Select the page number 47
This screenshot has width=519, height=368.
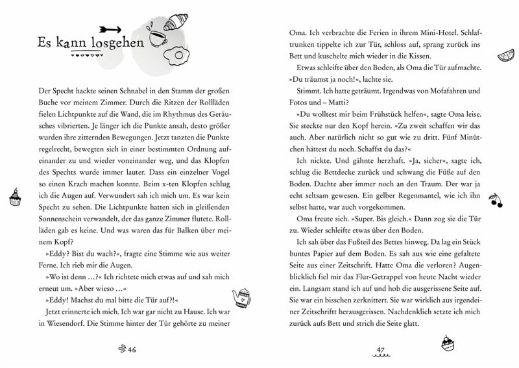point(382,351)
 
